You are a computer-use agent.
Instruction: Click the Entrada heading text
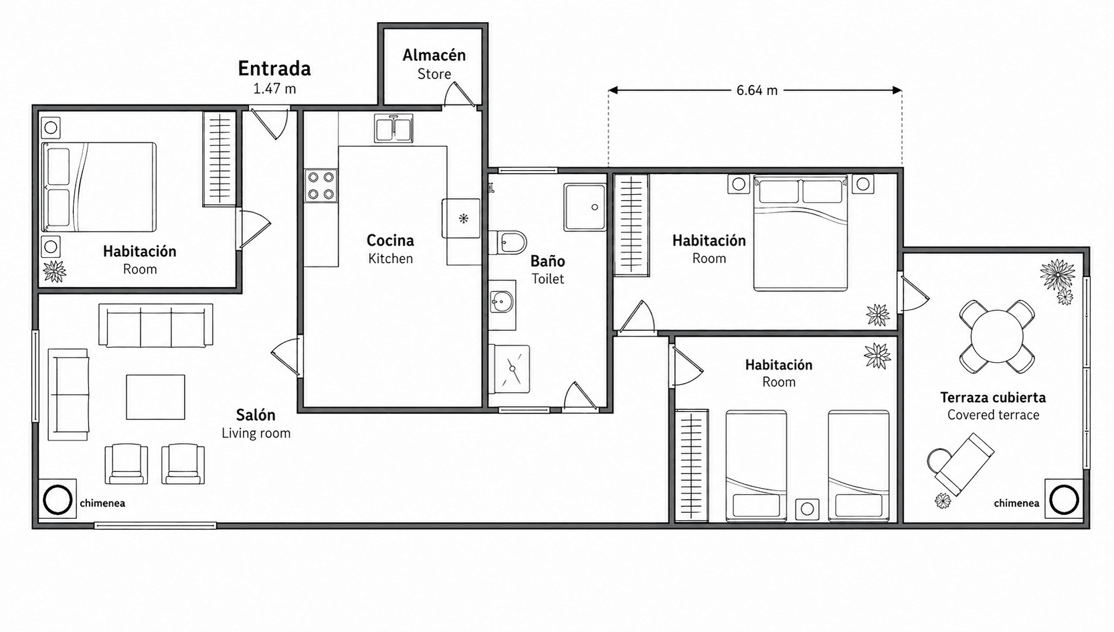pyautogui.click(x=274, y=68)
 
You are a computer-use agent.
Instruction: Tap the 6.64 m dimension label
pyautogui.click(x=757, y=90)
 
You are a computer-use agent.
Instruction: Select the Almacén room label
pyautogui.click(x=434, y=56)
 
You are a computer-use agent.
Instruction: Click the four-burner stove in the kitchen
pyautogui.click(x=320, y=185)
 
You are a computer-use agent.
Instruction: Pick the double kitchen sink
pyautogui.click(x=393, y=128)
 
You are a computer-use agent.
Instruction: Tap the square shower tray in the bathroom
pyautogui.click(x=584, y=207)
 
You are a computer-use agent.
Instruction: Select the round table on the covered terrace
pyautogui.click(x=997, y=335)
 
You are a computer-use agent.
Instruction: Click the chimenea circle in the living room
pyautogui.click(x=58, y=500)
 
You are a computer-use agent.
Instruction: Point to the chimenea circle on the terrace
pyautogui.click(x=1063, y=499)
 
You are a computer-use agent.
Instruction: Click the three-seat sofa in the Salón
pyautogui.click(x=156, y=326)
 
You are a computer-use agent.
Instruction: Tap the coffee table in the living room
pyautogui.click(x=155, y=397)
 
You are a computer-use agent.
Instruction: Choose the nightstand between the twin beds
pyautogui.click(x=807, y=509)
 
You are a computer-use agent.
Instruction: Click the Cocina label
pyautogui.click(x=390, y=240)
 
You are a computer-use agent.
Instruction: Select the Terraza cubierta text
pyautogui.click(x=992, y=398)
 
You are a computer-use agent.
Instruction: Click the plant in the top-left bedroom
pyautogui.click(x=54, y=271)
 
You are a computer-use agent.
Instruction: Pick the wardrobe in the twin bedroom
pyautogui.click(x=692, y=466)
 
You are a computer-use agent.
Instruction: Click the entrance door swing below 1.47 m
pyautogui.click(x=272, y=124)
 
